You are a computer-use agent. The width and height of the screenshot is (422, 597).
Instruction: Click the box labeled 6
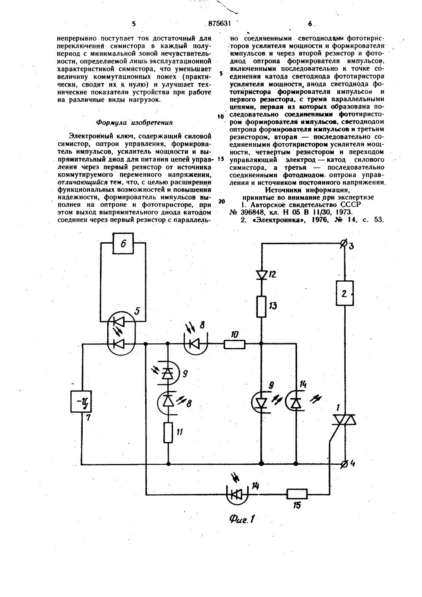[x=123, y=244]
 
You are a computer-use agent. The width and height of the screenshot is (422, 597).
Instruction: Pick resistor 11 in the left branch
[x=168, y=433]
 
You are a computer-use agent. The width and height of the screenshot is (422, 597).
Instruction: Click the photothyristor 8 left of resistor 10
[x=195, y=344]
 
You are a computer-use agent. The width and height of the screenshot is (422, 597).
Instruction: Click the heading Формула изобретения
[x=135, y=123]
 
